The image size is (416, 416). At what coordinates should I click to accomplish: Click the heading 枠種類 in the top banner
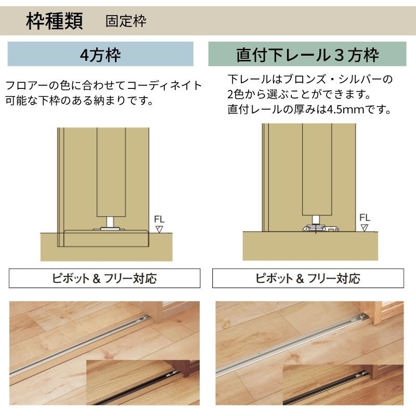(x=55, y=21)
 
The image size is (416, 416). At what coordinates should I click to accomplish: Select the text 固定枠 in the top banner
(x=126, y=21)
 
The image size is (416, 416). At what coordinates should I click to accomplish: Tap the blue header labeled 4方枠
(x=100, y=54)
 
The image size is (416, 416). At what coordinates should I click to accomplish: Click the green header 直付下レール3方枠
(x=307, y=54)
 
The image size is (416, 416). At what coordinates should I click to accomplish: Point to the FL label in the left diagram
(x=159, y=219)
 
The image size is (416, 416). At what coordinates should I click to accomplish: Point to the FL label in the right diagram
(x=365, y=217)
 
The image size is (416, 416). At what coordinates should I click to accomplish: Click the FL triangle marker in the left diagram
(x=159, y=229)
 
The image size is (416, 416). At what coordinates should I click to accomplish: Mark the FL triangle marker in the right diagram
(x=365, y=228)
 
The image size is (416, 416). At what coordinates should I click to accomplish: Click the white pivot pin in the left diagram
(x=110, y=222)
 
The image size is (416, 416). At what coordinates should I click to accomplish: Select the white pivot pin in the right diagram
(x=316, y=219)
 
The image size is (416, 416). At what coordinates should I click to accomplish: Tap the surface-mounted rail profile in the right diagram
(x=321, y=228)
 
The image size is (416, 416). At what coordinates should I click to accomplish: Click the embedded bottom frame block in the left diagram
(x=106, y=238)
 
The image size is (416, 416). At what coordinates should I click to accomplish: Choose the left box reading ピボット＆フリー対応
(x=105, y=278)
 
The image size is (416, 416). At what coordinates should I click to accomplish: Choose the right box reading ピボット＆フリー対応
(x=308, y=278)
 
